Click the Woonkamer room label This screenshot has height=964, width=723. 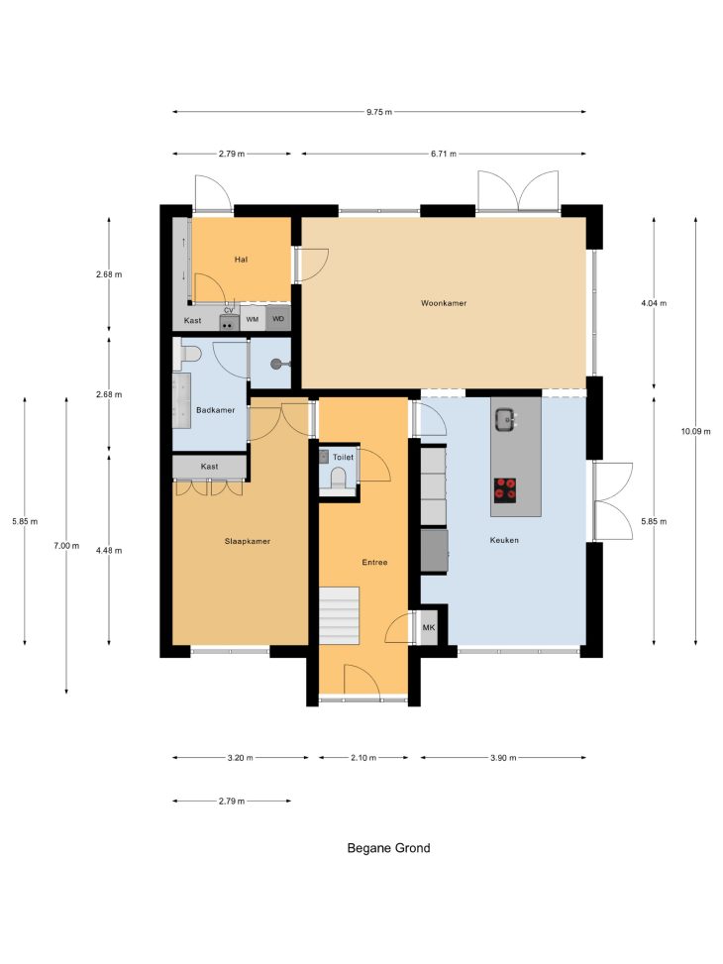click(x=444, y=303)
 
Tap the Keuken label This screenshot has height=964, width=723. click(x=504, y=540)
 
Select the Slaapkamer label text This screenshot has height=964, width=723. click(x=248, y=541)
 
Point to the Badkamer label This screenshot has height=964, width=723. click(x=215, y=410)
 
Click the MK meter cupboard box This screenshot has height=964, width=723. click(x=429, y=628)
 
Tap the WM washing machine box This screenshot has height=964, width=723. click(x=253, y=320)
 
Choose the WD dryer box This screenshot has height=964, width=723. click(x=278, y=320)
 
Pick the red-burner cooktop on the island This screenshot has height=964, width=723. click(x=505, y=490)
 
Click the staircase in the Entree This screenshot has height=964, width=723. click(x=339, y=615)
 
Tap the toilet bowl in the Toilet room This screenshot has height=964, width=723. click(x=338, y=479)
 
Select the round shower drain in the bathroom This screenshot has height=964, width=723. click(x=276, y=365)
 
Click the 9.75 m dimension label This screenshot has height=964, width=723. click(x=379, y=112)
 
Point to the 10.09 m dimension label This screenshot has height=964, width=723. click(x=695, y=431)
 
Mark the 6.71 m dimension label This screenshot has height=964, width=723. click(x=444, y=154)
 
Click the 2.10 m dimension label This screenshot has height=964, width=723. click(x=363, y=757)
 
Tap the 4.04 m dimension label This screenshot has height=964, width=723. click(x=654, y=303)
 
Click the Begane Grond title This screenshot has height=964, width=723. click(x=388, y=848)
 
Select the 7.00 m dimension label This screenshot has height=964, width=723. click(x=66, y=545)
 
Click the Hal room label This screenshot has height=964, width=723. click(x=241, y=260)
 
